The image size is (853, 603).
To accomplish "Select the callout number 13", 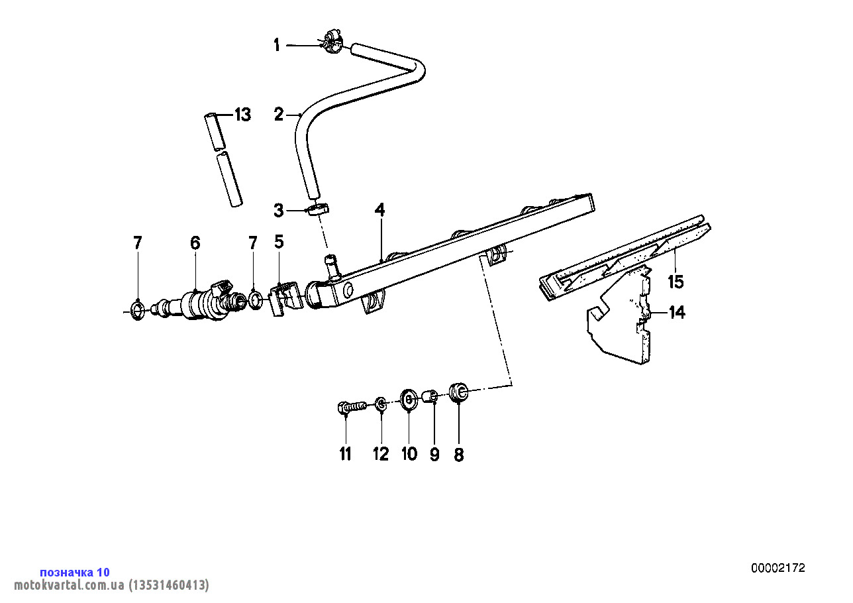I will [x=242, y=115].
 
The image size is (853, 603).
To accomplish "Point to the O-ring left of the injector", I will [x=137, y=309].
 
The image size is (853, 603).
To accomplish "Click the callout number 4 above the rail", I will [x=379, y=210].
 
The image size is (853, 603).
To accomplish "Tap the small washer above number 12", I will [x=381, y=404].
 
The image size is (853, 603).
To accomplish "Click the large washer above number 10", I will [x=408, y=400].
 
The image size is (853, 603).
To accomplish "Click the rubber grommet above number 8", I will [x=458, y=392].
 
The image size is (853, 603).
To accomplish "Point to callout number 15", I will [x=675, y=282].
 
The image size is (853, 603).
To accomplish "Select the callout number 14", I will [x=676, y=312].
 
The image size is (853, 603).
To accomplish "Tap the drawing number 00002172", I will [x=778, y=568].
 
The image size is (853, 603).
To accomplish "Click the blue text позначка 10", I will [x=75, y=573].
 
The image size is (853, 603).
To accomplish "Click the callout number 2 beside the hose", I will [x=279, y=115].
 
